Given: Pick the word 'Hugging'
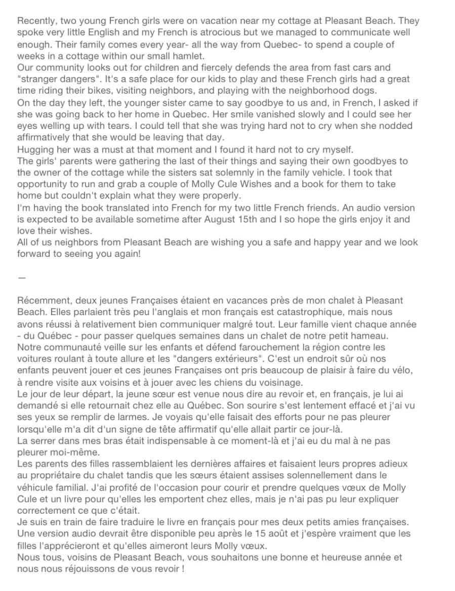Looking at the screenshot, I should pyautogui.click(x=35, y=149).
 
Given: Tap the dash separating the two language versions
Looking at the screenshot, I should pyautogui.click(x=21, y=278).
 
